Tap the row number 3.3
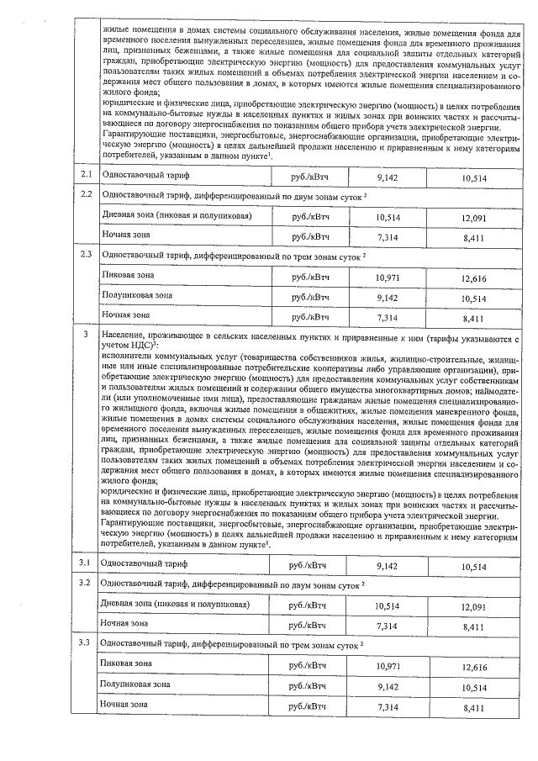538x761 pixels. click(x=84, y=643)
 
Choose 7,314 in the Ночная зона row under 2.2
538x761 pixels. click(x=387, y=237)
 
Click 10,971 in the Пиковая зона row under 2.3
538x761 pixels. click(x=387, y=277)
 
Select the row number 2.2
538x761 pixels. click(x=85, y=193)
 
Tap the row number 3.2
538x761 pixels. click(x=84, y=582)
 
